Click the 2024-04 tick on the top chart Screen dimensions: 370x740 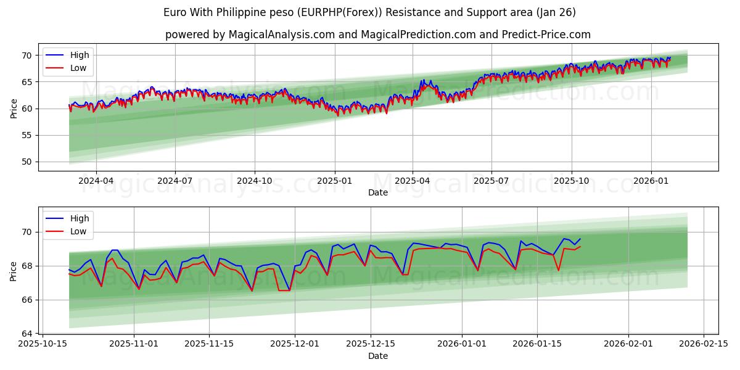[96, 181]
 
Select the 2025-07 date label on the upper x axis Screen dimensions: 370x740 [491, 181]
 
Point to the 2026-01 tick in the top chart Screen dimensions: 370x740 [652, 181]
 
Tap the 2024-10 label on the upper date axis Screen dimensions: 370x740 [255, 181]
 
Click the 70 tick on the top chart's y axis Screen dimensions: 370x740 [27, 55]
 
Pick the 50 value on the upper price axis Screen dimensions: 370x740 [27, 162]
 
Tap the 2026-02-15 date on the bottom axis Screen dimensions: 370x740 [704, 343]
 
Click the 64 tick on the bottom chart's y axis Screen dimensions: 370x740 [27, 334]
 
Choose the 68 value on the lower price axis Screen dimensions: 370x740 [27, 266]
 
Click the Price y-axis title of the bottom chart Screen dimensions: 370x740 [14, 270]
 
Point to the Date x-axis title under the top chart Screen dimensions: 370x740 [378, 192]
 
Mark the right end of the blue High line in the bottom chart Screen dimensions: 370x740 [580, 239]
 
